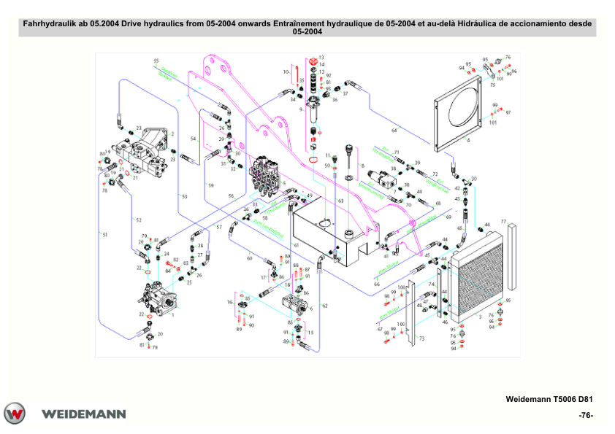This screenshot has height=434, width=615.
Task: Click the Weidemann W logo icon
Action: (15, 413)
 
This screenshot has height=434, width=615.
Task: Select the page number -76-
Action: (584, 415)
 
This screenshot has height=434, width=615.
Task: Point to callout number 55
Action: (156, 61)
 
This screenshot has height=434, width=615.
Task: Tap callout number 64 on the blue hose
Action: (394, 130)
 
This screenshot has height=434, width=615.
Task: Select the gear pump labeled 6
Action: (297, 303)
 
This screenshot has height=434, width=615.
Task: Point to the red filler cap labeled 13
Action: (316, 58)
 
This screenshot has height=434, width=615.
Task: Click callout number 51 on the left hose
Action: (104, 234)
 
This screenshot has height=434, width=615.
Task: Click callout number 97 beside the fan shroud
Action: (508, 112)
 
